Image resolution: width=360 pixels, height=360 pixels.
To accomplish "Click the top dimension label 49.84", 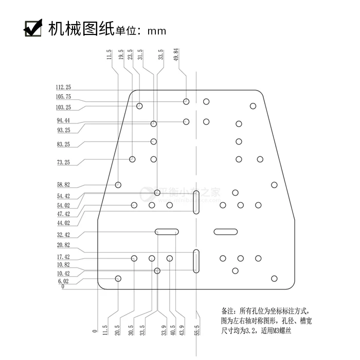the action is click(x=176, y=55).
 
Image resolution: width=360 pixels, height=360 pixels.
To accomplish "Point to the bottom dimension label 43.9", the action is click(x=182, y=329).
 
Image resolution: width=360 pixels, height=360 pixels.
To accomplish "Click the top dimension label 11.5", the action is click(x=109, y=55).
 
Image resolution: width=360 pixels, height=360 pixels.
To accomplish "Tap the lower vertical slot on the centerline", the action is click(x=196, y=260).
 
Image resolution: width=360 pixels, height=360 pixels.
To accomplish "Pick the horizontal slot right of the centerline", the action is click(x=225, y=231).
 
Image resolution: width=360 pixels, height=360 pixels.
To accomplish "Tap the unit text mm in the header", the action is click(x=157, y=31).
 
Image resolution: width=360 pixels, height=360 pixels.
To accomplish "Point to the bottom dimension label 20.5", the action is click(x=118, y=329).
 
